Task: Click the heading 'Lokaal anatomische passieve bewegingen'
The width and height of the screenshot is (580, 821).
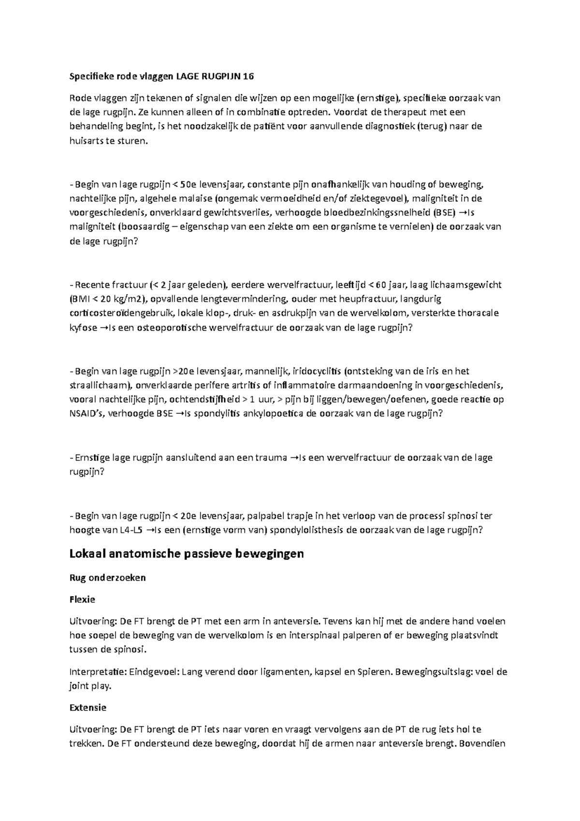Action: pyautogui.click(x=187, y=554)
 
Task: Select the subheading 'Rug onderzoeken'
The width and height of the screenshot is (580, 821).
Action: pyautogui.click(x=107, y=578)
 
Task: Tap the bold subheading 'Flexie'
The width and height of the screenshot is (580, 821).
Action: pyautogui.click(x=82, y=600)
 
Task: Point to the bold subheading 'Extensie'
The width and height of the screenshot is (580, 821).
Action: pyautogui.click(x=87, y=707)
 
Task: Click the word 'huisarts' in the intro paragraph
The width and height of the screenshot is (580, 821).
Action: pyautogui.click(x=86, y=141)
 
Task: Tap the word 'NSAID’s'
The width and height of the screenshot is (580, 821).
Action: pyautogui.click(x=88, y=414)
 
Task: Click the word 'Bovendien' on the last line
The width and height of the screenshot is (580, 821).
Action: pyautogui.click(x=482, y=744)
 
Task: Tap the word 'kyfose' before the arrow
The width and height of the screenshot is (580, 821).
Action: pyautogui.click(x=84, y=328)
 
